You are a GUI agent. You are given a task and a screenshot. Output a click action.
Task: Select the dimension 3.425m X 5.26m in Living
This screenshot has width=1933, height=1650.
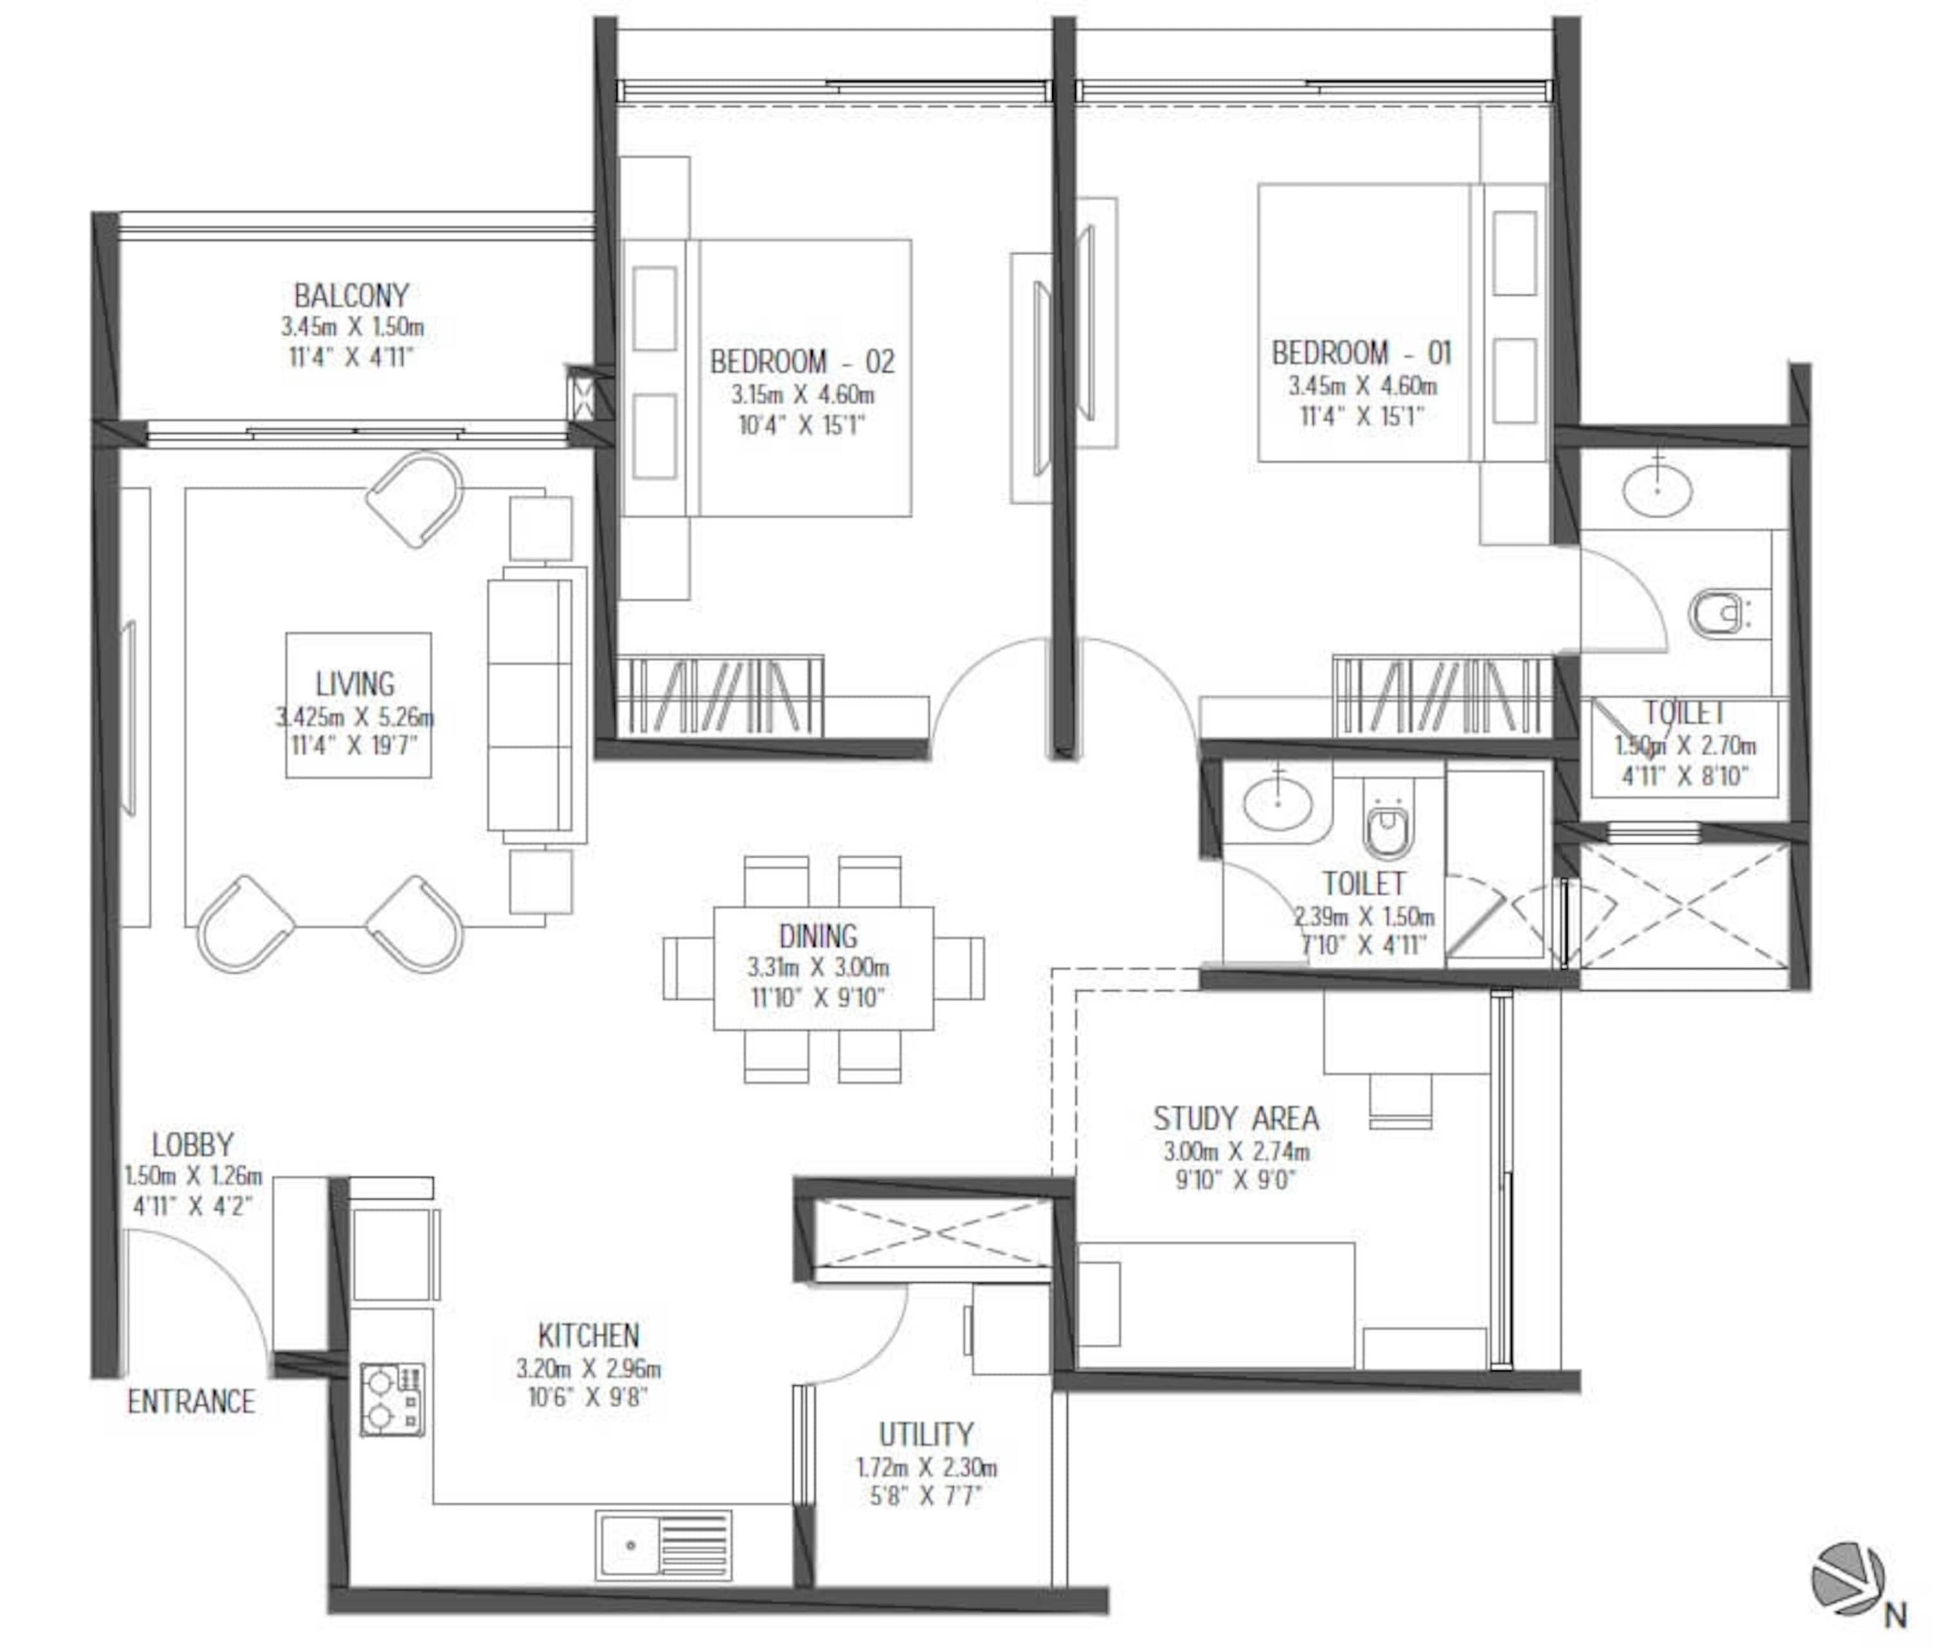pyautogui.click(x=354, y=716)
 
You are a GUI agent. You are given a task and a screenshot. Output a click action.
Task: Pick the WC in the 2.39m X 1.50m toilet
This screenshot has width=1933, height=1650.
pyautogui.click(x=1388, y=827)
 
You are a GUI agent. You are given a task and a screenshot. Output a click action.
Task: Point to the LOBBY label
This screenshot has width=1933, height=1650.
pyautogui.click(x=192, y=1144)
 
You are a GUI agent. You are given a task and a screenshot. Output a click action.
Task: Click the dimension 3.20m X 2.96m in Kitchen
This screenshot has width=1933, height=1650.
pyautogui.click(x=589, y=1368)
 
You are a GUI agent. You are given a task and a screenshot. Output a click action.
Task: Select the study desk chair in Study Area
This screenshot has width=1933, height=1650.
pyautogui.click(x=1399, y=1100)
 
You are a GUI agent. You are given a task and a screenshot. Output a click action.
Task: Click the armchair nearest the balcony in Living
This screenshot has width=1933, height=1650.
pyautogui.click(x=415, y=499)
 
